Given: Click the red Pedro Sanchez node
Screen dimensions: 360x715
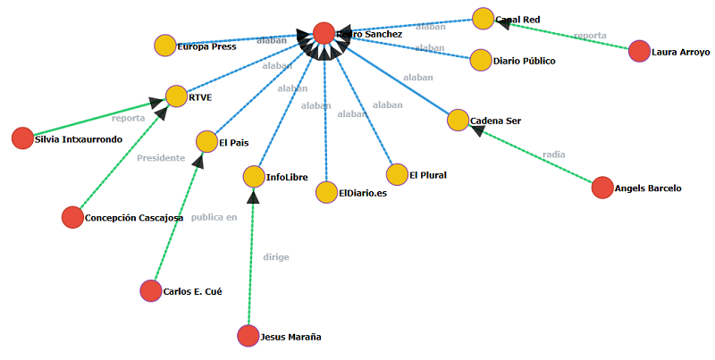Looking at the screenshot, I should pyautogui.click(x=324, y=33).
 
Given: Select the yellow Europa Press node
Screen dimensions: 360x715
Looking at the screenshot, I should pyautogui.click(x=164, y=46).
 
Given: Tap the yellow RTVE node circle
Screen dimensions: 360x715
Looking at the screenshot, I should pyautogui.click(x=176, y=96).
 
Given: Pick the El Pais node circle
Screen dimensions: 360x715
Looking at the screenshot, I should pyautogui.click(x=206, y=141).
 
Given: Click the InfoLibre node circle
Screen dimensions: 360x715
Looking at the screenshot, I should pyautogui.click(x=254, y=177).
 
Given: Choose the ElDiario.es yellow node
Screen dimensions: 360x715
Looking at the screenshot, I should pyautogui.click(x=326, y=192).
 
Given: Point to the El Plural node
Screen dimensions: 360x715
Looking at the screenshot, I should pyautogui.click(x=397, y=175).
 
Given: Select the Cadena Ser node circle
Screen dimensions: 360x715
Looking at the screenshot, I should pyautogui.click(x=458, y=121).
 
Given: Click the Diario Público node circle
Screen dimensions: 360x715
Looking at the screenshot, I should pyautogui.click(x=481, y=61).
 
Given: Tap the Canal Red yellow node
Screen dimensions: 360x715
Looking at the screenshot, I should pyautogui.click(x=483, y=19).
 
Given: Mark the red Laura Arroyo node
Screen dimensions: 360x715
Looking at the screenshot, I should pyautogui.click(x=639, y=51).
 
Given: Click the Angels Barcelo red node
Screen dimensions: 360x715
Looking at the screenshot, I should pyautogui.click(x=602, y=188).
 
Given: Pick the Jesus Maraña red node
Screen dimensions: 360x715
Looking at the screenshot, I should pyautogui.click(x=248, y=336).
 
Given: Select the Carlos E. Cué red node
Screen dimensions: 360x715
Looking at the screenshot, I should pyautogui.click(x=151, y=290).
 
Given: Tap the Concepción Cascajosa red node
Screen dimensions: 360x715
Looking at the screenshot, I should pyautogui.click(x=71, y=217).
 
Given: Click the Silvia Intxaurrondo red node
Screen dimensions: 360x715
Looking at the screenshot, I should pyautogui.click(x=22, y=138).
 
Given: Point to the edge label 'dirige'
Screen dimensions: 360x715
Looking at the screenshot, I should pyautogui.click(x=276, y=257).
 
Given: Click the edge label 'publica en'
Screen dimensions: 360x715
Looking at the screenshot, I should pyautogui.click(x=214, y=217).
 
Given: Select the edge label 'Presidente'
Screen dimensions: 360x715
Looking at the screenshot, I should pyautogui.click(x=161, y=158).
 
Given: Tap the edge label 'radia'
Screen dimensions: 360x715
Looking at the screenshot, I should pyautogui.click(x=553, y=155).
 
